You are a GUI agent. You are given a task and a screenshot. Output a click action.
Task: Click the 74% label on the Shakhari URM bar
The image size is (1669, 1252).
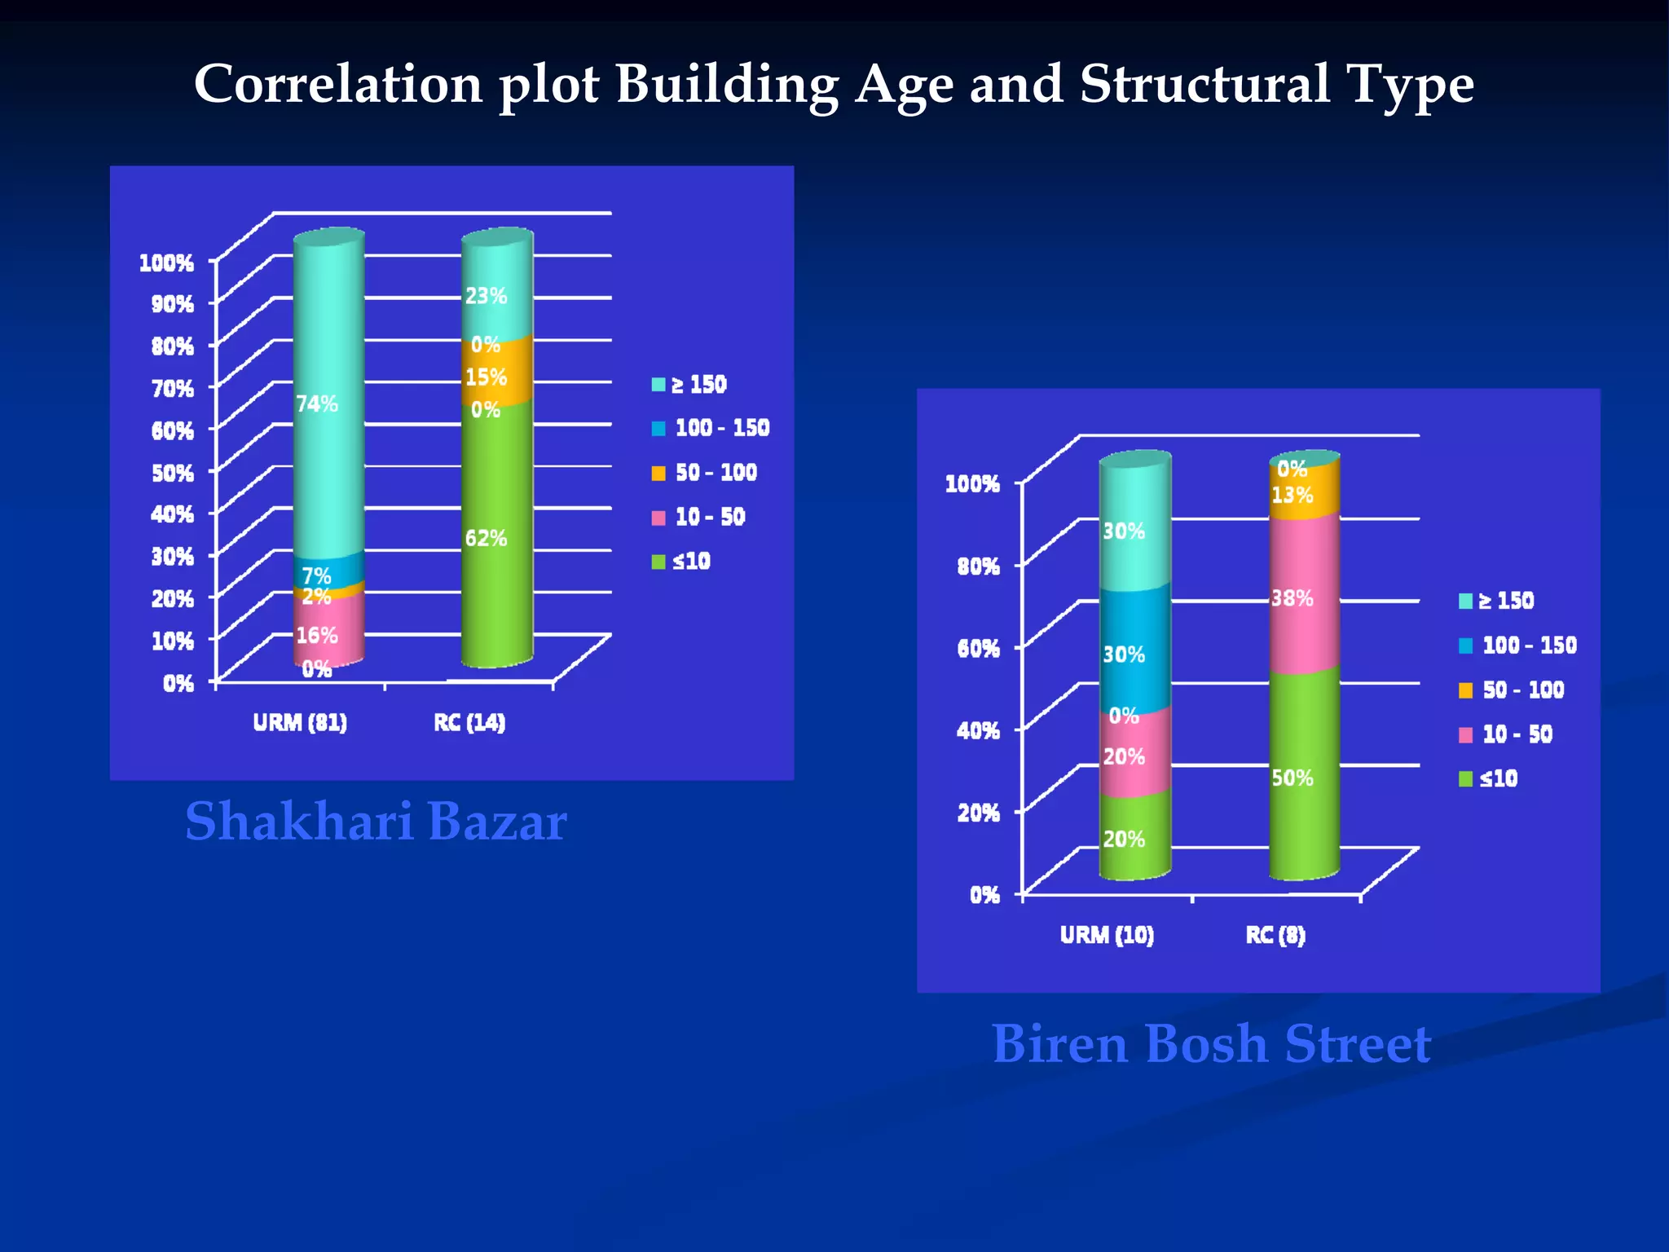[317, 403]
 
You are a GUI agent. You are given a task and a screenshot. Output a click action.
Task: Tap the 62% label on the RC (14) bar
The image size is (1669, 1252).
[486, 538]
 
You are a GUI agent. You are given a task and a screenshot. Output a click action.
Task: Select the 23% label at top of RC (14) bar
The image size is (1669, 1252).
[486, 296]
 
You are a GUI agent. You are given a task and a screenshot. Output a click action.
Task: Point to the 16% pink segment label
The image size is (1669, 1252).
[317, 635]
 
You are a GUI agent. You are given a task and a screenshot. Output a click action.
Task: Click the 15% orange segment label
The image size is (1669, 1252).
[486, 377]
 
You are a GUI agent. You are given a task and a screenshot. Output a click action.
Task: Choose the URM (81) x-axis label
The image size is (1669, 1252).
[300, 722]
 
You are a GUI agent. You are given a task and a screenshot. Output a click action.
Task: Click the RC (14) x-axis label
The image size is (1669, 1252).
[469, 722]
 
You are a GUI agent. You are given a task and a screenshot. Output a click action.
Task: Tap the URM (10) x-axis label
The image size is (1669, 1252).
[1107, 934]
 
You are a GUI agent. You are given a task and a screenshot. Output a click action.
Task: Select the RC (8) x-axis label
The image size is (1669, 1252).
[1275, 934]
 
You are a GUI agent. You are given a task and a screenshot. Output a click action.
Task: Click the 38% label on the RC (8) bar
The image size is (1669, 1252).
[1292, 598]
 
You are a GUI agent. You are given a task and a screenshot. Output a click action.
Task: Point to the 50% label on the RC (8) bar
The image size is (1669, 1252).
[1292, 778]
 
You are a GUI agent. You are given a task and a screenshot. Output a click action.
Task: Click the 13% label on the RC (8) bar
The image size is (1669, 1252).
[1292, 495]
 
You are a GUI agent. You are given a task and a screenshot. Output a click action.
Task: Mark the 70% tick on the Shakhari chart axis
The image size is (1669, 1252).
[173, 388]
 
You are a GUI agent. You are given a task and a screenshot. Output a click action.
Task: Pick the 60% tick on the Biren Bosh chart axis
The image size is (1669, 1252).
[978, 649]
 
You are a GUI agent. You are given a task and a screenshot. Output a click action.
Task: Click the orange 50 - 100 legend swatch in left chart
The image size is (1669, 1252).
[658, 474]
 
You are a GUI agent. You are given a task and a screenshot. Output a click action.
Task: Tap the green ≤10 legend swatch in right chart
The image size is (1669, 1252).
[1465, 779]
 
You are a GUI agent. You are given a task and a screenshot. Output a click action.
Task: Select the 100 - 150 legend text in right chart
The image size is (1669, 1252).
[1529, 646]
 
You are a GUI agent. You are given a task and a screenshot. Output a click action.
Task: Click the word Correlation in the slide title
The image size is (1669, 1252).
[338, 84]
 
